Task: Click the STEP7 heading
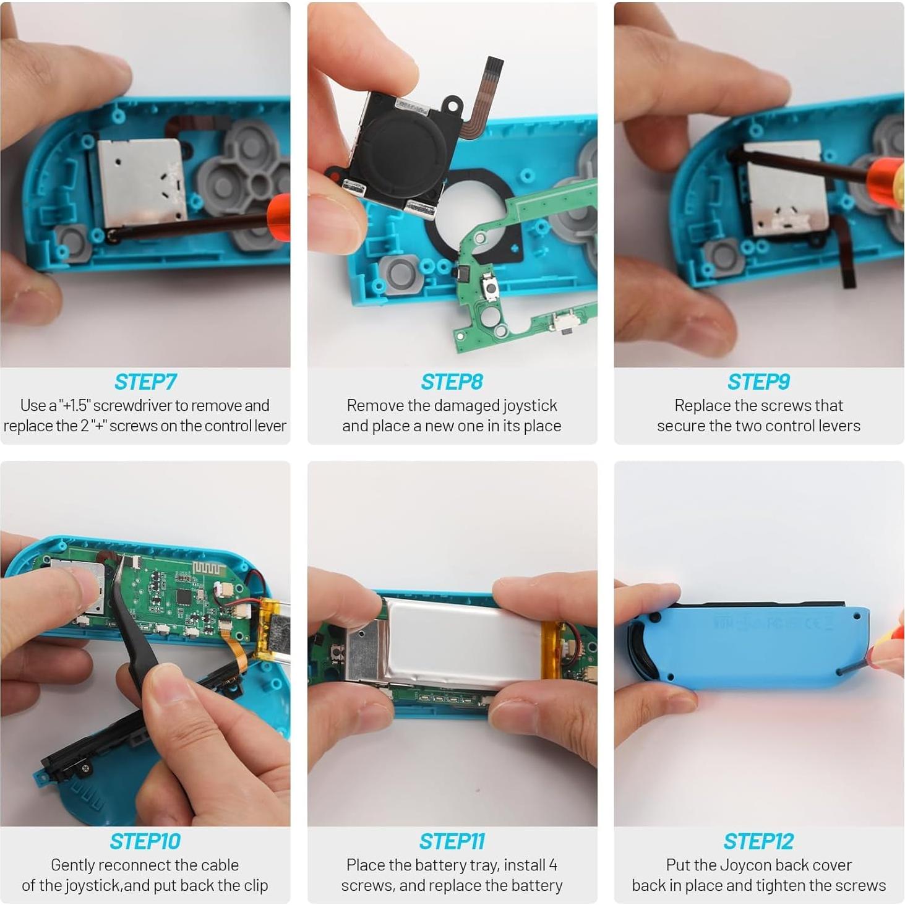click(145, 382)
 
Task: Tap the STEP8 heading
click(452, 382)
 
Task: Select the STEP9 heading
click(758, 382)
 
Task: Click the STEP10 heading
click(145, 841)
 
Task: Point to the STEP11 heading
click(452, 841)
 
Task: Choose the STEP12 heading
click(758, 841)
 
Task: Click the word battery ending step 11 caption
click(537, 886)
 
